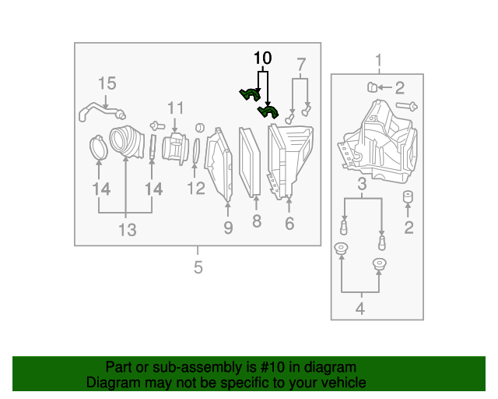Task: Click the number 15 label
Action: click(107, 83)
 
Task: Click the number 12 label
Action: click(195, 188)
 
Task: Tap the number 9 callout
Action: click(228, 227)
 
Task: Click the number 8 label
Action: click(256, 222)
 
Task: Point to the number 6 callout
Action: click(289, 224)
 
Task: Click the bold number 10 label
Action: click(262, 58)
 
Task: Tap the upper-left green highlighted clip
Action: click(250, 94)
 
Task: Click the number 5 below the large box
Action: click(198, 267)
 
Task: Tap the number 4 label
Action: click(359, 309)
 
